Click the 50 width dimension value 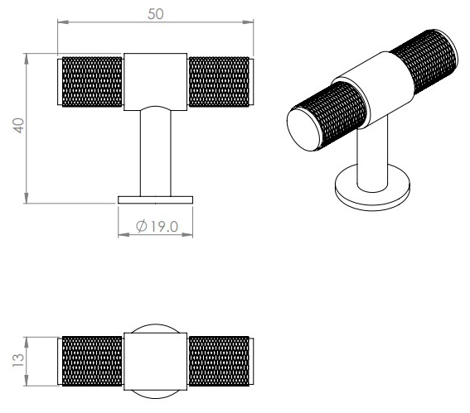click(x=155, y=14)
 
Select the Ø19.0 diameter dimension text click(x=157, y=225)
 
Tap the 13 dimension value click(x=17, y=362)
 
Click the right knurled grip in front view click(x=220, y=82)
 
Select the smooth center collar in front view click(x=156, y=80)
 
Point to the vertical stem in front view click(x=156, y=153)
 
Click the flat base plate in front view click(x=156, y=199)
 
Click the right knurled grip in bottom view click(x=220, y=362)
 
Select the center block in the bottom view click(x=156, y=362)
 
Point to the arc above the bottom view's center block click(x=156, y=325)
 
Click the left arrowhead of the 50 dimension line click(x=61, y=23)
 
